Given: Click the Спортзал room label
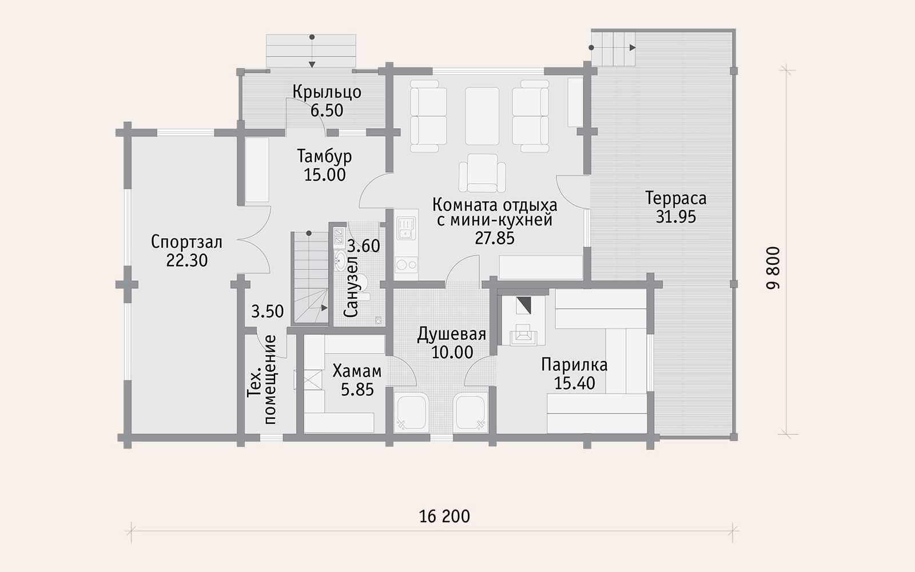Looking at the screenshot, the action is point(186,242).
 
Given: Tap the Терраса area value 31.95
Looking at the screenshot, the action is point(675,217).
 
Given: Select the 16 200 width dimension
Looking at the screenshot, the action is point(444,517).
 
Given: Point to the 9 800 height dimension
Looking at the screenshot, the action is point(773,268).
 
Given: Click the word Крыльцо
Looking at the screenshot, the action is point(327,92).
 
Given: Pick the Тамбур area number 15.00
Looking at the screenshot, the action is point(325,175).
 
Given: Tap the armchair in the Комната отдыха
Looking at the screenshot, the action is point(483,173).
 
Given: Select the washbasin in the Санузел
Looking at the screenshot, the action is point(340,261).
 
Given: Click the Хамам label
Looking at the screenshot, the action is point(357,371).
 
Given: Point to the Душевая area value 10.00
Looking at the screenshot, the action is point(452,352).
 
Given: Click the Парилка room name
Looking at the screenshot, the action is point(574,365).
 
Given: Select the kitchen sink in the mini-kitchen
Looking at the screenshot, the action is point(406,228).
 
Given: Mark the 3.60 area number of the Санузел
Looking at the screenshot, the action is point(364,246).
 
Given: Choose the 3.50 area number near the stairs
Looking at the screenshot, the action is point(267,311).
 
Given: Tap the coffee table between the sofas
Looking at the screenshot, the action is point(482,116).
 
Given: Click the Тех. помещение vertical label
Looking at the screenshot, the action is point(262,380).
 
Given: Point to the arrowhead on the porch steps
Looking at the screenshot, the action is point(312,65).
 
